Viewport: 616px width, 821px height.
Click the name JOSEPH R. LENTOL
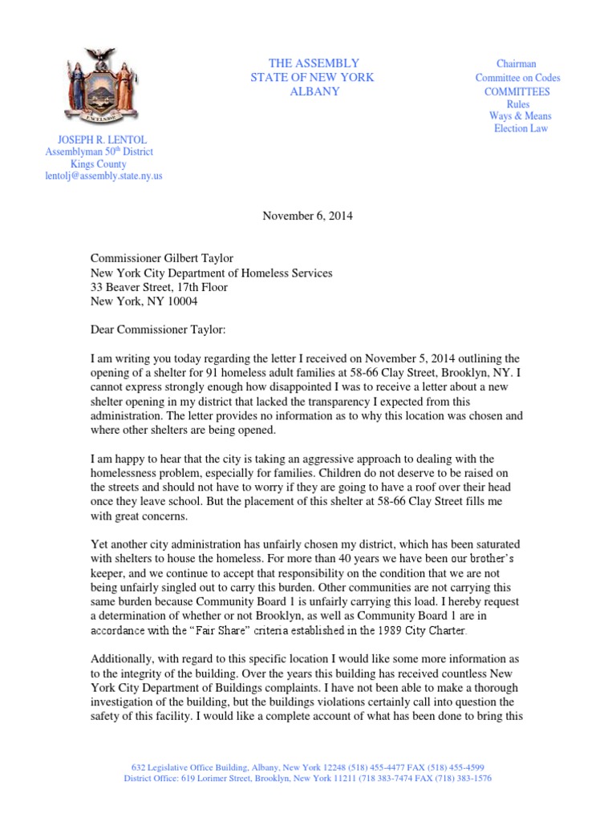[x=99, y=140]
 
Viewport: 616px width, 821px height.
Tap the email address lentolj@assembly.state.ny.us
[x=103, y=176]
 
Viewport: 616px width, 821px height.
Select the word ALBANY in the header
[x=314, y=91]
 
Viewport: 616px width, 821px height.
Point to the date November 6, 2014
[x=307, y=216]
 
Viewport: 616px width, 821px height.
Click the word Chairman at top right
[x=517, y=64]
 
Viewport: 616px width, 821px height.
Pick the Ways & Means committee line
[x=521, y=116]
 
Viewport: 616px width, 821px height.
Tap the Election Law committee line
[x=521, y=128]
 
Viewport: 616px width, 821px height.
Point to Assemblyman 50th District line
[x=99, y=152]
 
